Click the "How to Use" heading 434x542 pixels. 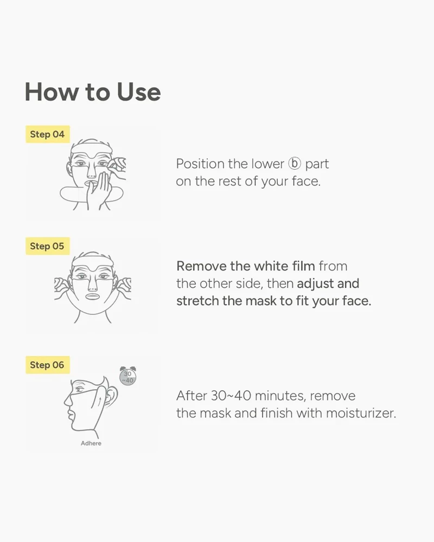click(x=93, y=92)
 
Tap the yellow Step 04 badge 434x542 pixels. click(x=48, y=134)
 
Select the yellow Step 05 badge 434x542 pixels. click(x=48, y=246)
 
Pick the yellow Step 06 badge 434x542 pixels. click(x=48, y=365)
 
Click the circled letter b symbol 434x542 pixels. click(x=295, y=164)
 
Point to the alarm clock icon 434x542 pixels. click(x=127, y=376)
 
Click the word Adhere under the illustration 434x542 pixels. click(x=91, y=443)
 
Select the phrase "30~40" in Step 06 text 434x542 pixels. click(x=231, y=396)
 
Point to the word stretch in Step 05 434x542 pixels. click(x=197, y=301)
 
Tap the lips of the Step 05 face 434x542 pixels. click(x=92, y=296)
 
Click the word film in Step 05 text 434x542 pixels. click(x=303, y=266)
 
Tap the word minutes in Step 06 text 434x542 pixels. click(x=280, y=396)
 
